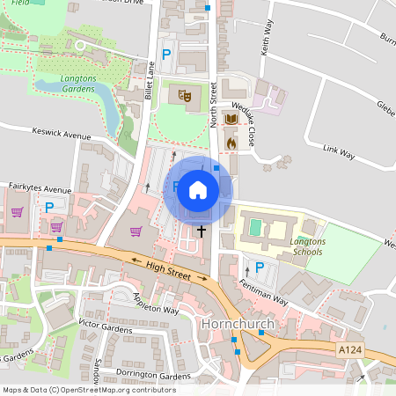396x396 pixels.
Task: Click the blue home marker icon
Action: pos(198,190)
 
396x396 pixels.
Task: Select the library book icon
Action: pos(231,119)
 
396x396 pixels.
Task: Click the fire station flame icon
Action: pos(231,141)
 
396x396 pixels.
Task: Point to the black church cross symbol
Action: pos(202,231)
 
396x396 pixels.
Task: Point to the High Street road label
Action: pos(168,269)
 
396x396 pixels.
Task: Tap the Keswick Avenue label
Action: pos(61,136)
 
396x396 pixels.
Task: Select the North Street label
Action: pos(213,105)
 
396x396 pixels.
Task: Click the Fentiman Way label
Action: pos(264,292)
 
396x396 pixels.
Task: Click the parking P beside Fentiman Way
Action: pos(259,268)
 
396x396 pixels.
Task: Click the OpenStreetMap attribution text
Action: pos(89,389)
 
